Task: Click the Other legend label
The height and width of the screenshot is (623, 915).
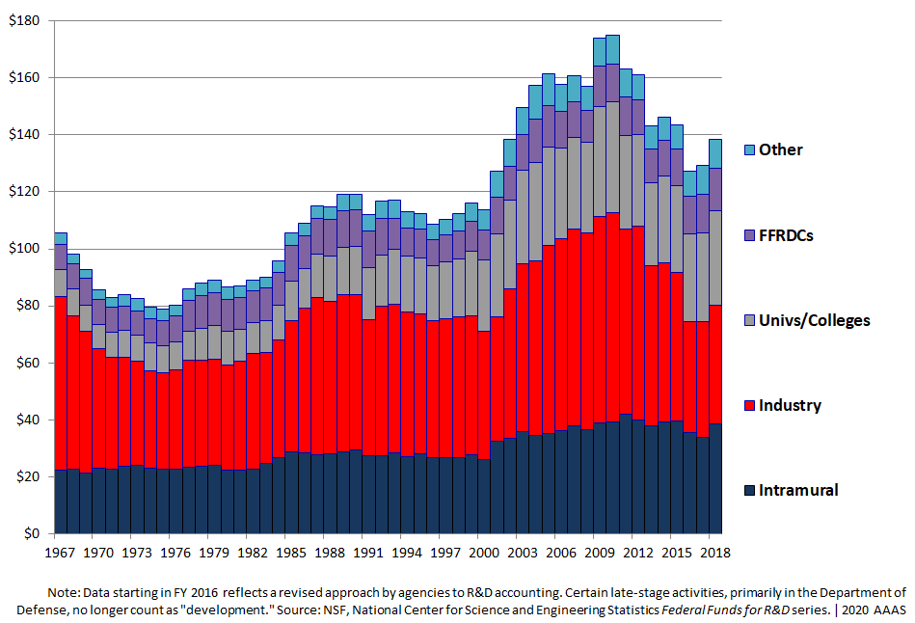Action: (780, 149)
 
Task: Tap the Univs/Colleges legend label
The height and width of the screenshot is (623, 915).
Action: (814, 319)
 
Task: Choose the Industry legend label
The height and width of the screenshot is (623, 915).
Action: (790, 404)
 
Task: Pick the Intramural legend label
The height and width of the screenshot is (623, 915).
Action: (798, 489)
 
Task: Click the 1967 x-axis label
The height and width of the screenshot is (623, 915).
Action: (61, 553)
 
